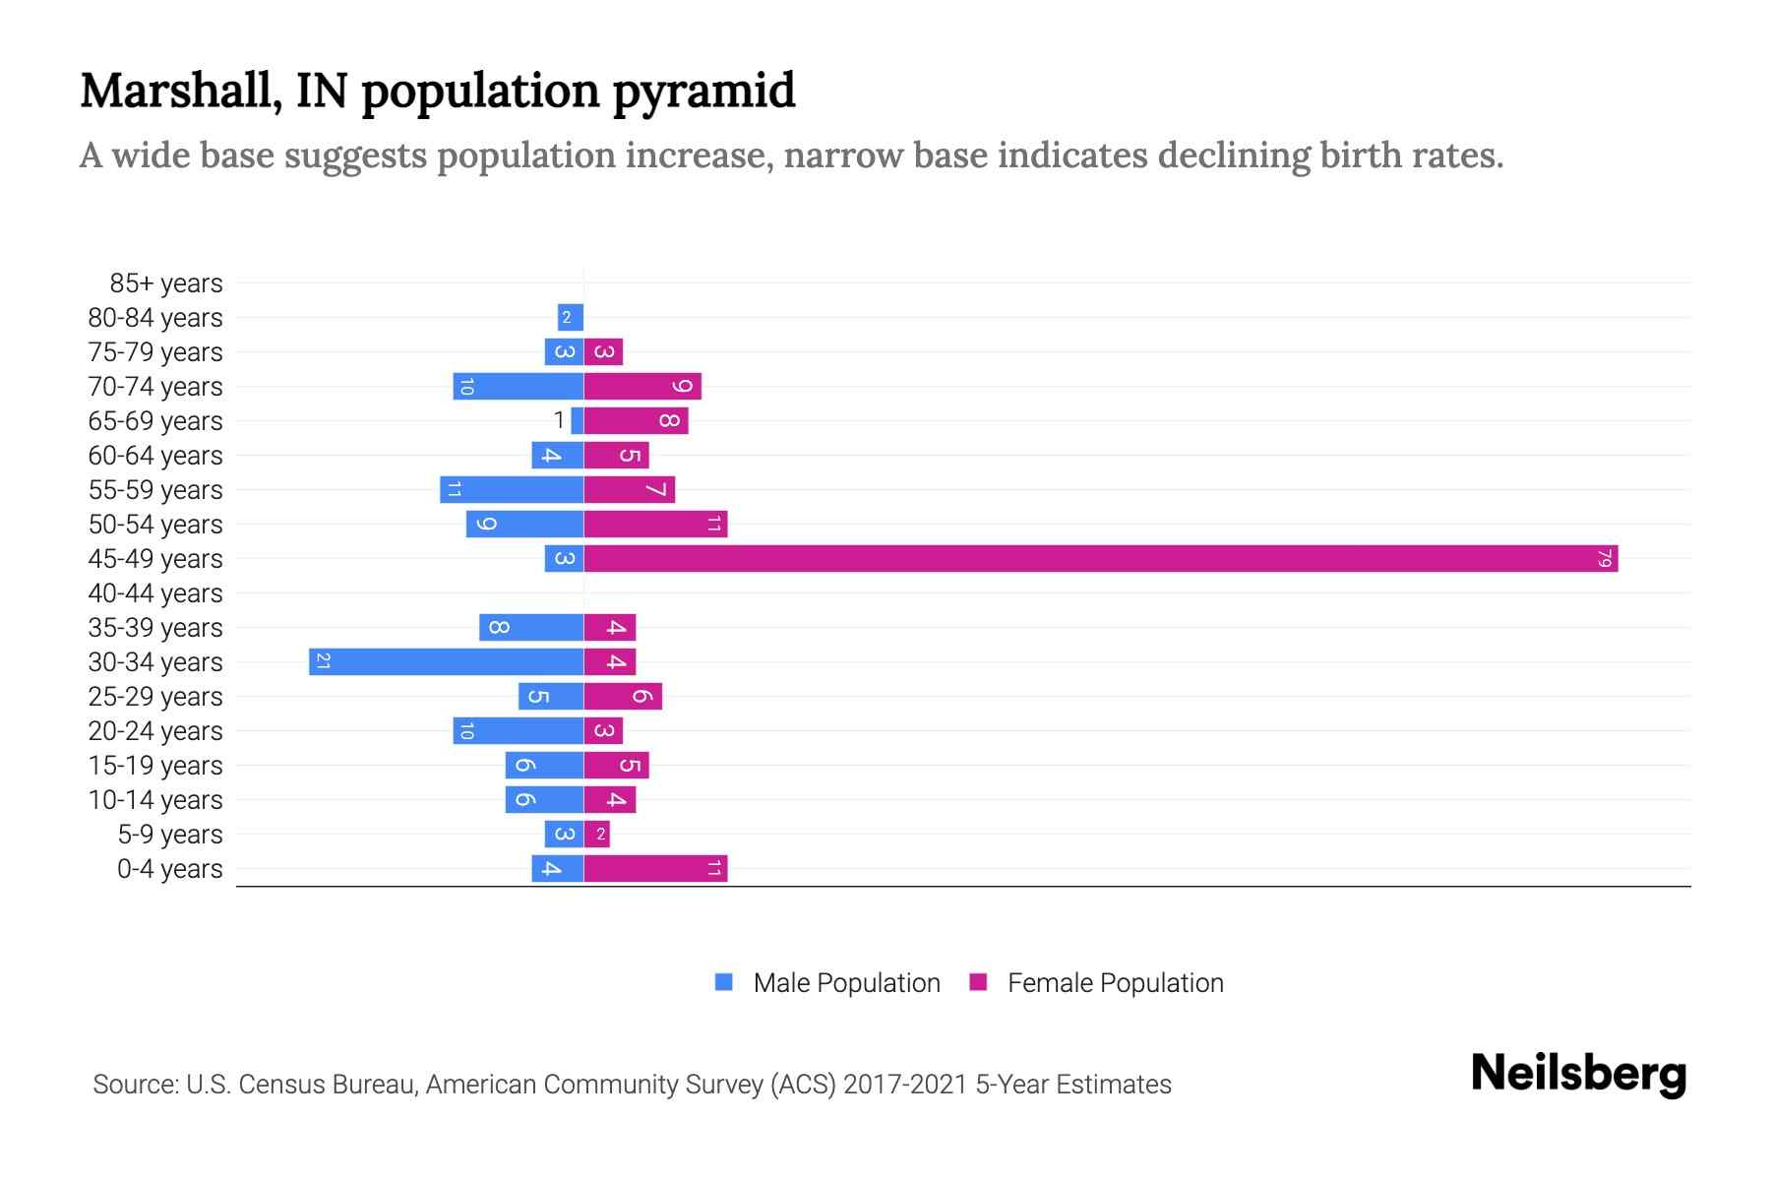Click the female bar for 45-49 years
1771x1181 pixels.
tap(1100, 558)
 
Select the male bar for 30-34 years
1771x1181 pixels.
tap(446, 661)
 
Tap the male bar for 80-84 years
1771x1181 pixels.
tap(571, 317)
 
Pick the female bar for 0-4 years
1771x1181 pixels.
tap(655, 868)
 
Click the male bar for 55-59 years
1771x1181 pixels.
tap(512, 489)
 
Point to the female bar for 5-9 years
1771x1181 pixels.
tap(597, 834)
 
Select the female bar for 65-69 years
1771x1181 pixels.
tap(636, 420)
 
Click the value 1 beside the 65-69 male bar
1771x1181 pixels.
tap(559, 420)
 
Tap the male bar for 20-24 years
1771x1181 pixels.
tap(519, 730)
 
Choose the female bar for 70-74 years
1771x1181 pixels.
tap(642, 386)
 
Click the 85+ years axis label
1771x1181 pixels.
tap(166, 283)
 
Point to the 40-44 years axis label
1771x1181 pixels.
tap(155, 593)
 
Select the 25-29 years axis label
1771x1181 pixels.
tap(155, 697)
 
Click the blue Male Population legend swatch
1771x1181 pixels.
tap(724, 982)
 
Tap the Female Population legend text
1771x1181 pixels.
tap(1115, 982)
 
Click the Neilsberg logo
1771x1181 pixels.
tap(1578, 1074)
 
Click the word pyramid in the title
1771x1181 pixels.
tap(703, 91)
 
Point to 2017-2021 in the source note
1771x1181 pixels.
tap(905, 1085)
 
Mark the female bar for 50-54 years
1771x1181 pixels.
tap(655, 524)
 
